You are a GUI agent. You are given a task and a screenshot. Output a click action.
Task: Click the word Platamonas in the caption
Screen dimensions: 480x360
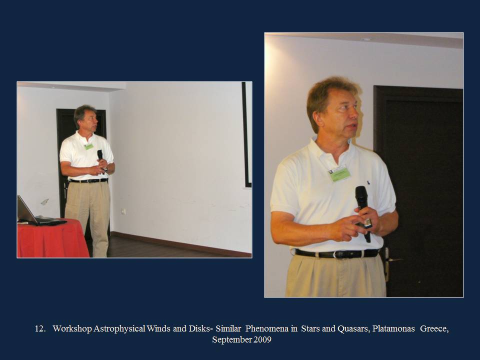point(393,329)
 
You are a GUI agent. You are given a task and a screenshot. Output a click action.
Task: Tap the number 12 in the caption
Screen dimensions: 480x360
point(40,329)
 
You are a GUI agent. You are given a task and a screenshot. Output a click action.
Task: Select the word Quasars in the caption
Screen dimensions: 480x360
point(353,329)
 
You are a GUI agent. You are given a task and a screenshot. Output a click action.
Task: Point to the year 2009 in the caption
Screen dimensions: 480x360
point(262,340)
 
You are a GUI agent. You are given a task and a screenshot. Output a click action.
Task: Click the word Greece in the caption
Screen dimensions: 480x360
point(434,329)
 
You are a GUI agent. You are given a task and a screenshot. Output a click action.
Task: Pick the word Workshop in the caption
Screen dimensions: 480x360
point(72,329)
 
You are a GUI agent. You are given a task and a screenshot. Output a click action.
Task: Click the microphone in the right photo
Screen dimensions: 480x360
point(363,213)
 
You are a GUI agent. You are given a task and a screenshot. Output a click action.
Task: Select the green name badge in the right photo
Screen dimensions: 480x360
point(339,173)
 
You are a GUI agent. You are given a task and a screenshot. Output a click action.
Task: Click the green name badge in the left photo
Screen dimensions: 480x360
point(89,146)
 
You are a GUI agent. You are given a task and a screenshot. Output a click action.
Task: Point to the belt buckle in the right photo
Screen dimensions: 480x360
point(338,254)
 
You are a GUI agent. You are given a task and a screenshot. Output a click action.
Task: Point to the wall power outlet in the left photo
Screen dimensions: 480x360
point(123,211)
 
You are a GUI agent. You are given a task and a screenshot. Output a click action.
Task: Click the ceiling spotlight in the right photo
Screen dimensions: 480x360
point(366,39)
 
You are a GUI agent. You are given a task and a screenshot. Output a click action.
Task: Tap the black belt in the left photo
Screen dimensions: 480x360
point(88,180)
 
